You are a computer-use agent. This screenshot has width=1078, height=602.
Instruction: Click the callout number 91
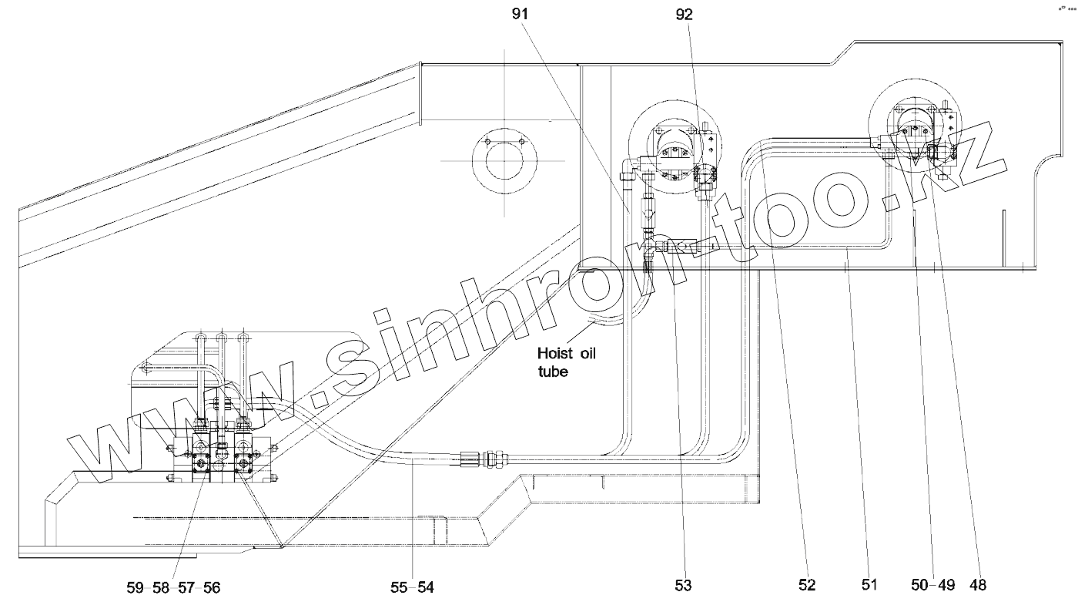(x=520, y=14)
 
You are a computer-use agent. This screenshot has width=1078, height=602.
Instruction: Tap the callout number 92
(x=684, y=15)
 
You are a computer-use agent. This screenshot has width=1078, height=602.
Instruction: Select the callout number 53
(x=684, y=586)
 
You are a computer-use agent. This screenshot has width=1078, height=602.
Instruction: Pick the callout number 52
(x=807, y=585)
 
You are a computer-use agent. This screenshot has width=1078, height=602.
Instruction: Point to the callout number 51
(x=869, y=585)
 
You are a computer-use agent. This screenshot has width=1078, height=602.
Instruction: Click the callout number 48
(x=978, y=585)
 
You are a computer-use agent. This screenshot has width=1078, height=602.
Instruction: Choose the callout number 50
(x=919, y=585)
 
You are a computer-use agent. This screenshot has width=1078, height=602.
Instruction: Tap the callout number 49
(x=946, y=585)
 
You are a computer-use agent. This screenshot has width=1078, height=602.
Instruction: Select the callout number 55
(x=399, y=587)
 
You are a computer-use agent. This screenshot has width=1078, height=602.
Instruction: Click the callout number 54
(x=425, y=587)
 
